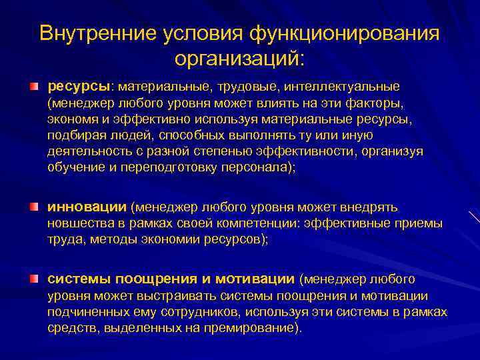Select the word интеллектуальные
point(341,87)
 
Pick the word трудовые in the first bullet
point(251,87)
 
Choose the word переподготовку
point(167,167)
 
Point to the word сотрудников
point(199,312)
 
